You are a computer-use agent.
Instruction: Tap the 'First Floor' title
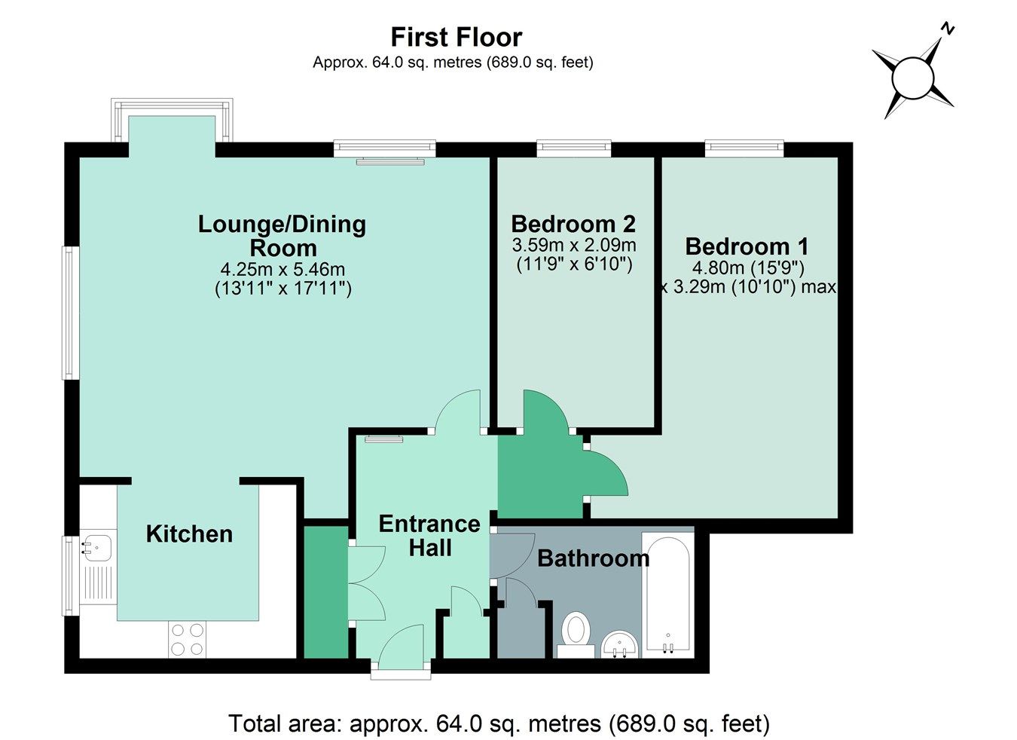(456, 37)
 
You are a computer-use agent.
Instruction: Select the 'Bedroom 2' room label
(573, 224)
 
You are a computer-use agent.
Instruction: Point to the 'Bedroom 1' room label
(747, 246)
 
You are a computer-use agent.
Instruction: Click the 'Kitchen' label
(189, 534)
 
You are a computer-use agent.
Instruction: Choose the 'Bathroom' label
(593, 558)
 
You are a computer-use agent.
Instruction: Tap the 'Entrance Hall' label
(429, 536)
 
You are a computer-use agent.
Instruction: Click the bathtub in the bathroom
(667, 595)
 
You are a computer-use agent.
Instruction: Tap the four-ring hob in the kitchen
(188, 639)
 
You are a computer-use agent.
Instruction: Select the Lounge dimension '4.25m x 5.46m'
(282, 269)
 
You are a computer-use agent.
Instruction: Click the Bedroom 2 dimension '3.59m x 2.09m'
(573, 245)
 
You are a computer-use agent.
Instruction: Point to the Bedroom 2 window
(573, 148)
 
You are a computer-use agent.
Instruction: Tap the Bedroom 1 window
(744, 148)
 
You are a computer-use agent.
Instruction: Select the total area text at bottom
(499, 724)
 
